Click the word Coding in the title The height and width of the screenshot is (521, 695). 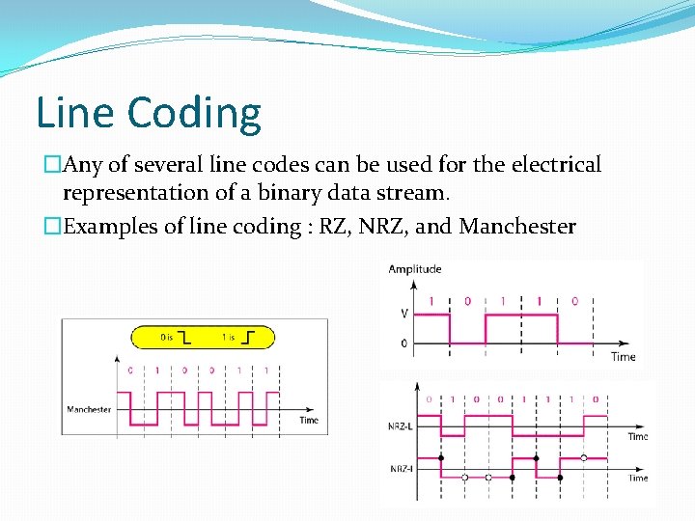pos(194,114)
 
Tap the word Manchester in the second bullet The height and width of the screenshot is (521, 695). pos(517,227)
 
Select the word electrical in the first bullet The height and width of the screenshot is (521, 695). pos(553,165)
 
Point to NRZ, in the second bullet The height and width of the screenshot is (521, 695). pos(379,227)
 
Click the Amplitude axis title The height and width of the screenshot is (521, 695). pos(415,269)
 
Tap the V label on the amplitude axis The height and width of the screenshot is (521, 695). pos(403,314)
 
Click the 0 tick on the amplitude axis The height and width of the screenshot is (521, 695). pos(403,343)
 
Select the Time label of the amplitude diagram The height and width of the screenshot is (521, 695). pos(624,357)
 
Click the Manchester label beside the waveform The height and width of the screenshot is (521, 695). pos(89,410)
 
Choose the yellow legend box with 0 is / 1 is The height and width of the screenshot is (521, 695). pos(204,338)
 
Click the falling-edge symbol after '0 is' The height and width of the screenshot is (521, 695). pos(184,338)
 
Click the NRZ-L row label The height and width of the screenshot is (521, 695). pos(402,425)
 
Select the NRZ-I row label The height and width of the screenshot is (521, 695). pos(402,469)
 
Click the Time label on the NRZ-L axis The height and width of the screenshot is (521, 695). pos(638,437)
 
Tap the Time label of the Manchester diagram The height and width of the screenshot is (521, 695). pos(309,421)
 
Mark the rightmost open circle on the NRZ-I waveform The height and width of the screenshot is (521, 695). pos(583,457)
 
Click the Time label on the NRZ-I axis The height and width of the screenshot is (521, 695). pos(638,479)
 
